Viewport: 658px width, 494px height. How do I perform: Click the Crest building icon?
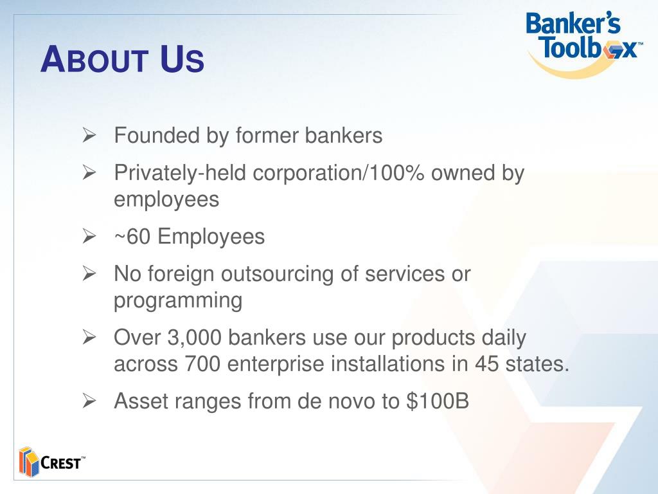click(28, 461)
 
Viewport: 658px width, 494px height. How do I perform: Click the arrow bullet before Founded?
click(89, 136)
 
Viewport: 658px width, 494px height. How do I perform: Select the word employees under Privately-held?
click(166, 200)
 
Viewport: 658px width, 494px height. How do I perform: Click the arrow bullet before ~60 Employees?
click(89, 237)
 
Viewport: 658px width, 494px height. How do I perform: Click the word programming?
click(178, 301)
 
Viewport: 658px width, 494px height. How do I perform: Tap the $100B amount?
click(438, 402)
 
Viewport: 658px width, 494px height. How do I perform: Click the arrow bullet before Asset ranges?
click(89, 402)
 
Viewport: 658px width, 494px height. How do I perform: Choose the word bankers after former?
click(343, 136)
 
